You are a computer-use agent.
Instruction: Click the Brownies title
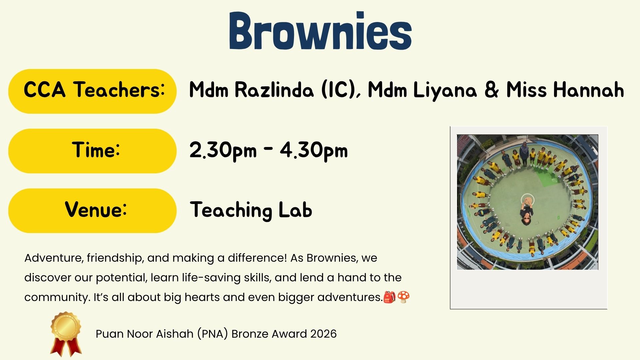(320, 31)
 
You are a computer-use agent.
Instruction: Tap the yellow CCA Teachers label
(92, 91)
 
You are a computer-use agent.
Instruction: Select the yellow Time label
(92, 151)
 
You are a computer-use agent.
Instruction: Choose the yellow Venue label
(92, 211)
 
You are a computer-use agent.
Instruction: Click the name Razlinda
(274, 90)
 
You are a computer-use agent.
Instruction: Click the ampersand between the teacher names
(491, 90)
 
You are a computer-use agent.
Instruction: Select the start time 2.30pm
(223, 151)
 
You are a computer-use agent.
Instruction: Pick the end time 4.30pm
(314, 151)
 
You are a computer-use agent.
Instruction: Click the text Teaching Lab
(251, 210)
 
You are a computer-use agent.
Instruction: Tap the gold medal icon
(66, 334)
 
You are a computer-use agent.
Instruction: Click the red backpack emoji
(389, 297)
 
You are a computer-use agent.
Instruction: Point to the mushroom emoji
(403, 297)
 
